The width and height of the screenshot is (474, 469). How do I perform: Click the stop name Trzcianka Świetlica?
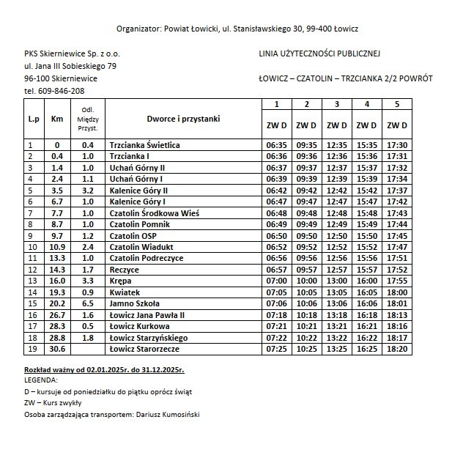(144, 145)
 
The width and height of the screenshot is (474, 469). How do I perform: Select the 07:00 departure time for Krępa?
(276, 281)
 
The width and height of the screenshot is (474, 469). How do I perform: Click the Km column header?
(57, 118)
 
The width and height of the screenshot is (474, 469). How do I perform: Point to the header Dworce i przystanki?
(183, 118)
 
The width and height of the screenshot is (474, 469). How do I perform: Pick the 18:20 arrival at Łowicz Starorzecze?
(396, 349)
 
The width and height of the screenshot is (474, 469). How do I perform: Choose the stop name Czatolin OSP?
(133, 236)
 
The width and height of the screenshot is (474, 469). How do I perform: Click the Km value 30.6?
(57, 349)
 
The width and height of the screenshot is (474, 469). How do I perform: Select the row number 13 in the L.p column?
(31, 281)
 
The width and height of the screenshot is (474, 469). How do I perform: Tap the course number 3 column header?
(336, 103)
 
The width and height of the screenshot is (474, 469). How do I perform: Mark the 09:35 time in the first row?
(306, 145)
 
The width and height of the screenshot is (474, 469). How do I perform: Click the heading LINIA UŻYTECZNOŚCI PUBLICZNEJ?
(319, 53)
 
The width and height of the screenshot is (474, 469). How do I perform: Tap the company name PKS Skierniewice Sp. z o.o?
(72, 53)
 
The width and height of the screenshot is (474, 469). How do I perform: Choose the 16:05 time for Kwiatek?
(366, 292)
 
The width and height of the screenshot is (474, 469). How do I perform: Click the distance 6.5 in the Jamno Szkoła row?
(88, 303)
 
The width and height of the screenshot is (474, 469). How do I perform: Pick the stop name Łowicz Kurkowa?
(139, 326)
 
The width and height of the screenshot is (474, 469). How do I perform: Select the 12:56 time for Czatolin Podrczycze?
(336, 258)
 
